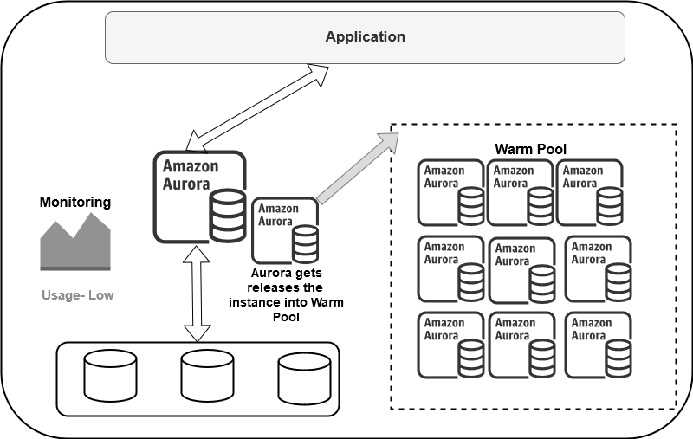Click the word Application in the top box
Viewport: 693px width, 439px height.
pos(365,36)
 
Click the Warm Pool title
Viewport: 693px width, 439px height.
pos(530,149)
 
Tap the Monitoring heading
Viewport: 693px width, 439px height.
pos(75,203)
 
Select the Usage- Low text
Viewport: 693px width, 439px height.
pos(77,295)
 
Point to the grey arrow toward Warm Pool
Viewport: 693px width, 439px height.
pos(351,168)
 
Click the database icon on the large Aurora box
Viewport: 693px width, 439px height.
pos(226,216)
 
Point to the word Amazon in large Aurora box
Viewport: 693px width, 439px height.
pos(191,165)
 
